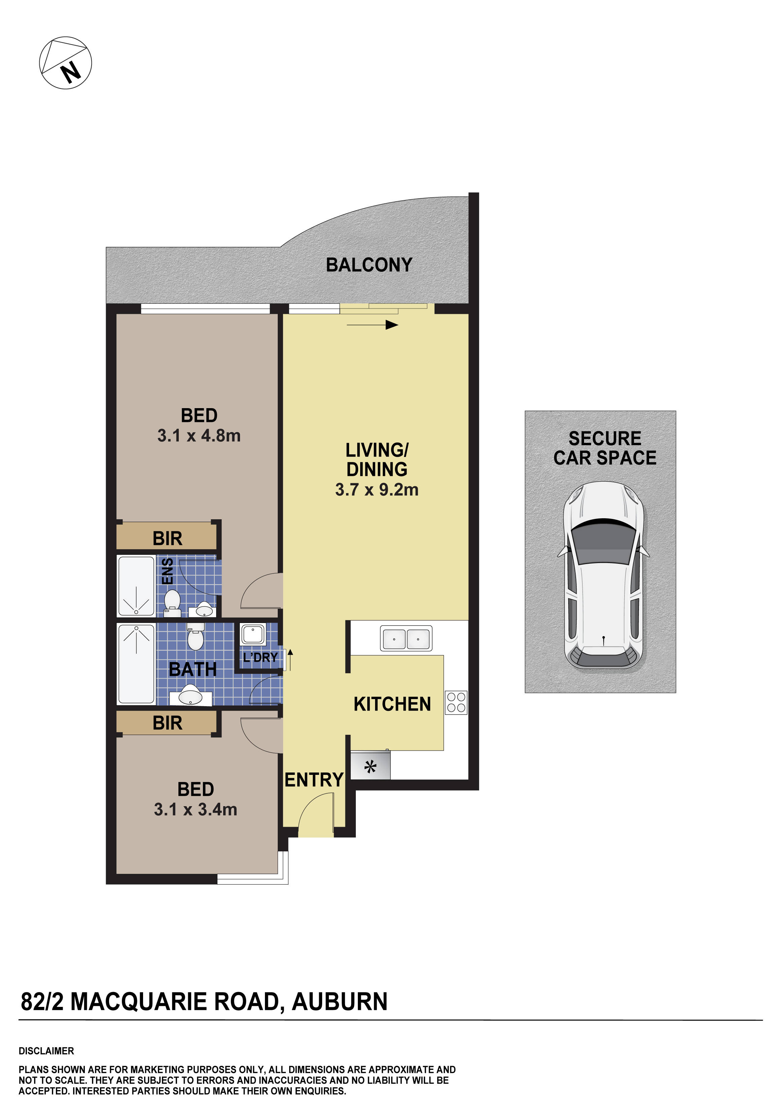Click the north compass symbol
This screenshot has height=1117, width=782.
65,62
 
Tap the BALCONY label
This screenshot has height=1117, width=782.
369,265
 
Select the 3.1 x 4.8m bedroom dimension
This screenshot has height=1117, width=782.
199,435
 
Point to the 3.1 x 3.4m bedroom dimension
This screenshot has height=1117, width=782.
196,809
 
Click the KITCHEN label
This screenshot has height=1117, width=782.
392,704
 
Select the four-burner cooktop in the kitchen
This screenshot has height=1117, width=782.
456,702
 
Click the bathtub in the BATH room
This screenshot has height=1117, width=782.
136,664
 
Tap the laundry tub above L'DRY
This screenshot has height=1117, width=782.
253,635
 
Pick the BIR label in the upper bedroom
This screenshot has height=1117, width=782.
167,538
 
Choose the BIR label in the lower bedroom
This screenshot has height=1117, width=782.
167,723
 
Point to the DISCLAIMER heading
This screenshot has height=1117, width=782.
46,1051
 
